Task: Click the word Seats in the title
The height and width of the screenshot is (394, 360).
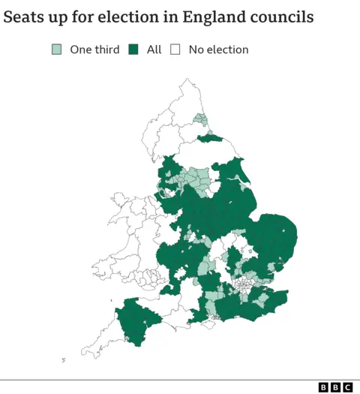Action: pyautogui.click(x=23, y=17)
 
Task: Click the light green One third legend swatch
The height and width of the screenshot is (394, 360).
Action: pyautogui.click(x=57, y=50)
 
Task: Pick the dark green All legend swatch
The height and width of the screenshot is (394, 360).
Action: pyautogui.click(x=134, y=50)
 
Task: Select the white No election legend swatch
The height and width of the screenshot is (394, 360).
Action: pyautogui.click(x=175, y=50)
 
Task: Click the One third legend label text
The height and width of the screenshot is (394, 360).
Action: pyautogui.click(x=94, y=50)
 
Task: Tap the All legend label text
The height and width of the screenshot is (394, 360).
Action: pyautogui.click(x=154, y=50)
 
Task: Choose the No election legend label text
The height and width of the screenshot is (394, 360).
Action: pyautogui.click(x=218, y=50)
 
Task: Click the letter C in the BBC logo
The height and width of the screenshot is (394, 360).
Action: pyautogui.click(x=347, y=387)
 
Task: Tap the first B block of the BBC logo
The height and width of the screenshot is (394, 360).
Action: pyautogui.click(x=323, y=387)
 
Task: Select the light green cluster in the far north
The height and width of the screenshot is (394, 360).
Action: pyautogui.click(x=199, y=119)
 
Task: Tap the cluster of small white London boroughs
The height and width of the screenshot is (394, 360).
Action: pyautogui.click(x=244, y=286)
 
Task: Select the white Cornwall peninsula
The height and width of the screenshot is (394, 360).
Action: pyautogui.click(x=101, y=341)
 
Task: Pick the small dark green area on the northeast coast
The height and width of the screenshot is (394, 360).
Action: pyautogui.click(x=214, y=138)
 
